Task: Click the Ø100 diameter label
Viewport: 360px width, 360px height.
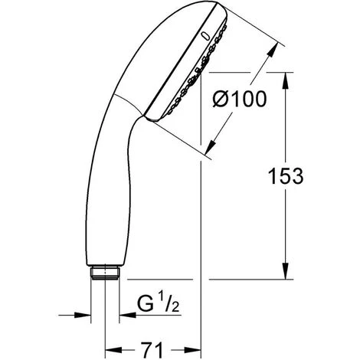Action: [x=240, y=99]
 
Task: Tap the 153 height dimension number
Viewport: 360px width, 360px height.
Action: [x=286, y=176]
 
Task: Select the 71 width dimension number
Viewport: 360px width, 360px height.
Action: [x=152, y=349]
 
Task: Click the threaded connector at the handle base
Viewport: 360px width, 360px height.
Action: [x=105, y=273]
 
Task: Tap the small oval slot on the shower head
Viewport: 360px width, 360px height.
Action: [x=205, y=36]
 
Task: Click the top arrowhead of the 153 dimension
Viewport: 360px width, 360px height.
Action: [x=285, y=80]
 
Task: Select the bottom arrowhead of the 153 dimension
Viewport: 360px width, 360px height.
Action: [x=285, y=271]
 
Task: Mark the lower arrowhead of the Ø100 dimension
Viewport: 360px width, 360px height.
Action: [x=211, y=146]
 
